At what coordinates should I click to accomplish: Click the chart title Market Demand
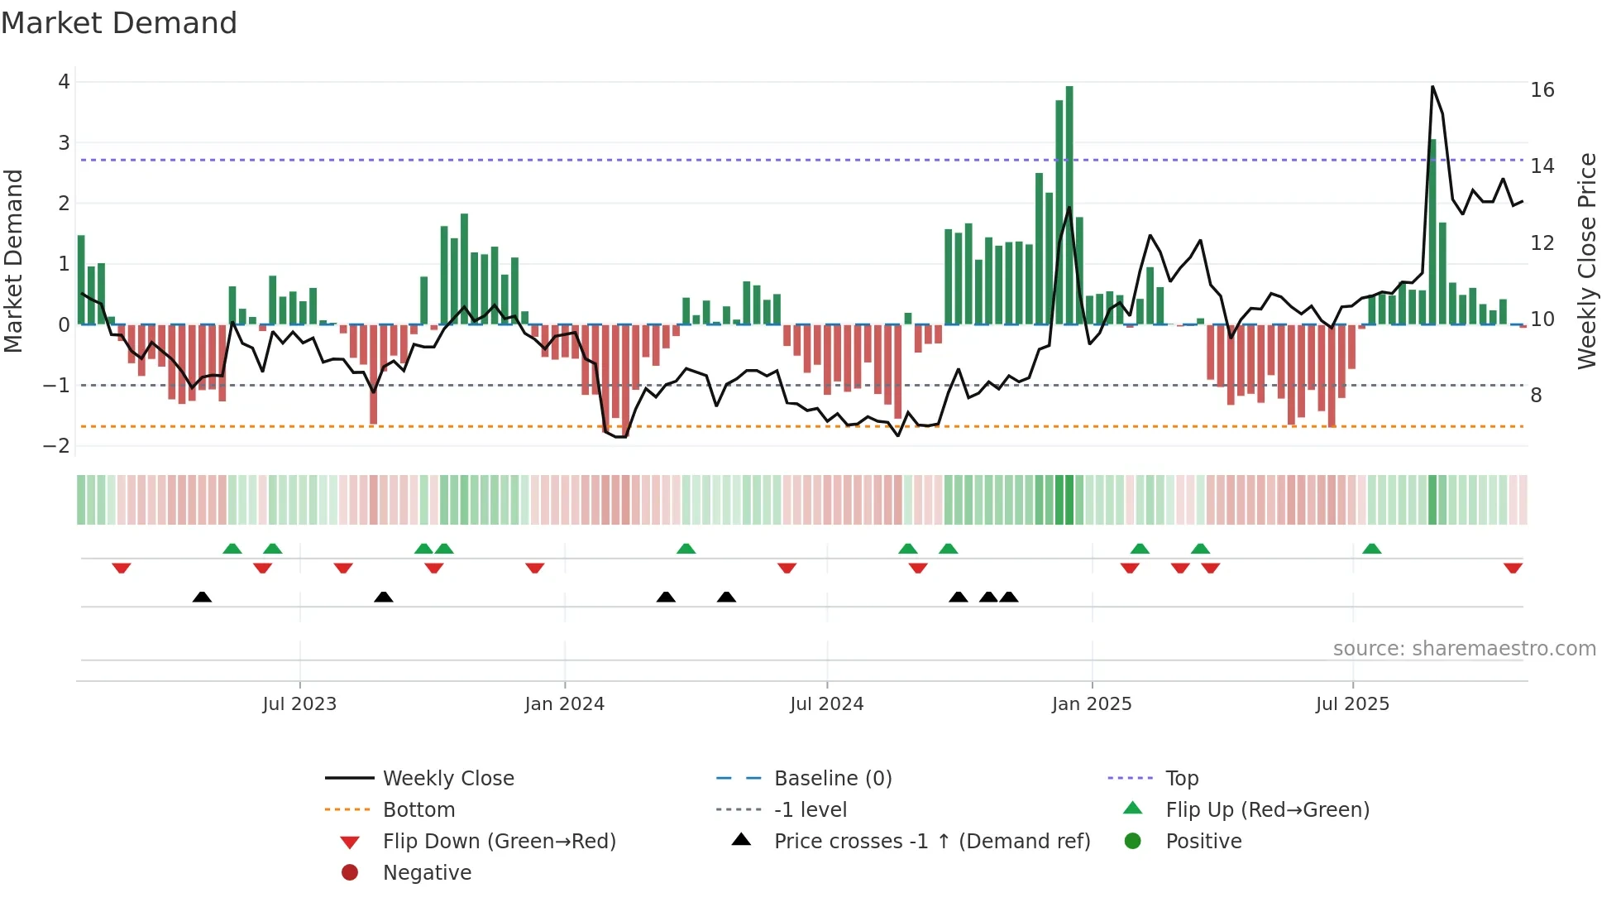[119, 23]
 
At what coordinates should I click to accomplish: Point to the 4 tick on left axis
[64, 82]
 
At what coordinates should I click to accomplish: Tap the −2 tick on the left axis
[56, 446]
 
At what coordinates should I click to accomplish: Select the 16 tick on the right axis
[1542, 90]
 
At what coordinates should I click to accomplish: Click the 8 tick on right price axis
[1536, 396]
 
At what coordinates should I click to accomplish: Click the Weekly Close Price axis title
[1586, 261]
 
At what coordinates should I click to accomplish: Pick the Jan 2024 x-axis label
[564, 704]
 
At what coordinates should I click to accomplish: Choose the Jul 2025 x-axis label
[1352, 704]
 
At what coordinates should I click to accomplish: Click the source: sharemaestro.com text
[1464, 649]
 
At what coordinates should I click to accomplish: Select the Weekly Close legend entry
[447, 779]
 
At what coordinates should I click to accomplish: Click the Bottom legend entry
[418, 810]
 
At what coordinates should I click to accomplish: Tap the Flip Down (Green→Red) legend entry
[499, 842]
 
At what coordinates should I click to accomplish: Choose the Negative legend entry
[427, 873]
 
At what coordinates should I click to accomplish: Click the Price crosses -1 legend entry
[931, 842]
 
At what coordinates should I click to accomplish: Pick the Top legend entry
[1181, 779]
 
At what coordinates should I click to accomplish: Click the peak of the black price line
[1432, 87]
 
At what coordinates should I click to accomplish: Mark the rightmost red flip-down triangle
[1513, 569]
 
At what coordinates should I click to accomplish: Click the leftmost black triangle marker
[202, 597]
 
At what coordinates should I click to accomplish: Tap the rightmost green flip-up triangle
[1371, 549]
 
